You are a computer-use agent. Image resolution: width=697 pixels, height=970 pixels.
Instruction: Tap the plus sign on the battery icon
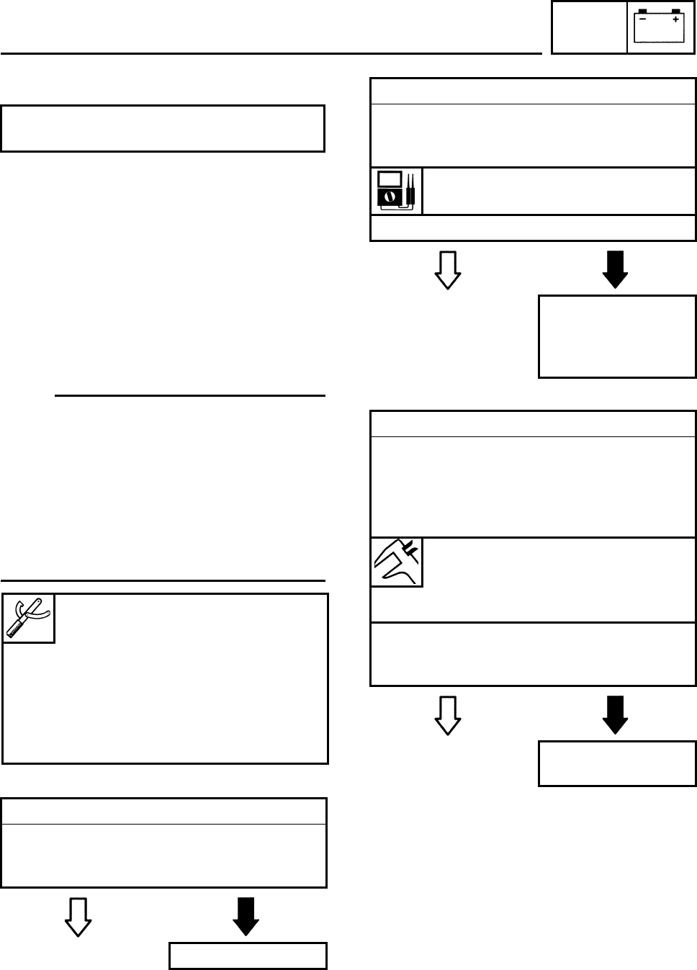coord(675,20)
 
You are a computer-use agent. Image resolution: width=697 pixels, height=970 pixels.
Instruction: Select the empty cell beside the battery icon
coord(589,27)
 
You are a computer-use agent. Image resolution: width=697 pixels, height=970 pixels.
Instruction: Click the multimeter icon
coord(396,191)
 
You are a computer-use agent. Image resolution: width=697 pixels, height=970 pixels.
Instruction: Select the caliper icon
coord(397,562)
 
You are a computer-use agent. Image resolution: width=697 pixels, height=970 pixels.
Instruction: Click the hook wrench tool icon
coord(29,618)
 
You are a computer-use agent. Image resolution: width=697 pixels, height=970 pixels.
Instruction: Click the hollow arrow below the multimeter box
coord(448,270)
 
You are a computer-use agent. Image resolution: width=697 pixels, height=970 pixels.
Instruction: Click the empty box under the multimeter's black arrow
coord(617,336)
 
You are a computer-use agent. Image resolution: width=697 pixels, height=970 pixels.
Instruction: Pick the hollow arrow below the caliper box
coord(448,714)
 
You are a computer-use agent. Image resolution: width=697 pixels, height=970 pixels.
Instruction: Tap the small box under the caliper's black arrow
coord(617,763)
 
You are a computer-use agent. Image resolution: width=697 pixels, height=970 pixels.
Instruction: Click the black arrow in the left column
coord(246,916)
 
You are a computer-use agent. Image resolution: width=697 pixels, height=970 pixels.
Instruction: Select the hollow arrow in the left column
coord(78,916)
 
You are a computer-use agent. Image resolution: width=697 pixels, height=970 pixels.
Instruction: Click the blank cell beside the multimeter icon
coord(559,191)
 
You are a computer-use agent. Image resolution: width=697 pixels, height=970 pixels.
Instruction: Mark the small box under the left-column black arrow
coord(248,956)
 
